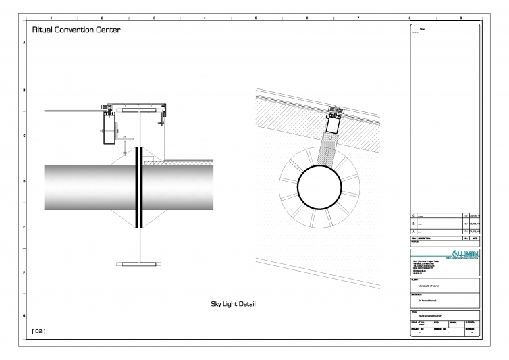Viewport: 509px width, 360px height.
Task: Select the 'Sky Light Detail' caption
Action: [x=234, y=304]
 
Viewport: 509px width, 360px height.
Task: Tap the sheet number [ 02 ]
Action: [x=38, y=331]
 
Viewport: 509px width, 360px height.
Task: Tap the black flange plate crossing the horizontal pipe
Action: [x=139, y=186]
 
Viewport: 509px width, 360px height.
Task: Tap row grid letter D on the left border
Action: [x=24, y=181]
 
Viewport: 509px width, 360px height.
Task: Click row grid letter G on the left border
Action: [x=24, y=316]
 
